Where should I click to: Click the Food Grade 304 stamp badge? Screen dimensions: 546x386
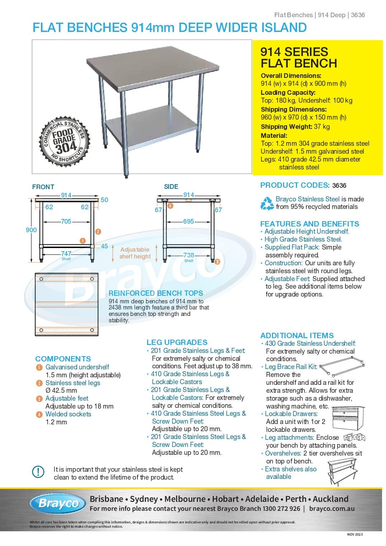tap(65, 140)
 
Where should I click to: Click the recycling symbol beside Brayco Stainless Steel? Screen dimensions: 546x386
tap(267, 203)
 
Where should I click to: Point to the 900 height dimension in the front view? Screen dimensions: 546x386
tap(31, 230)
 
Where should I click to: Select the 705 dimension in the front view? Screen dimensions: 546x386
tap(66, 221)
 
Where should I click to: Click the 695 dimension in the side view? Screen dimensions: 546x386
tap(188, 221)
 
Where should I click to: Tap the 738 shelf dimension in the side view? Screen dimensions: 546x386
tap(189, 255)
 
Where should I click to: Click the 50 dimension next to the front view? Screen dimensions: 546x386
tap(104, 200)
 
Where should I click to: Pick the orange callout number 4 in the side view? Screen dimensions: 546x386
tap(170, 206)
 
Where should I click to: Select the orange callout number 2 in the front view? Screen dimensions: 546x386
tap(98, 232)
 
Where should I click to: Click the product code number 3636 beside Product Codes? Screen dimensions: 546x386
tap(339, 186)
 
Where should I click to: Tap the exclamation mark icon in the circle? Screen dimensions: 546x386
tap(38, 472)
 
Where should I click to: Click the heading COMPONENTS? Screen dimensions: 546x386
tap(63, 359)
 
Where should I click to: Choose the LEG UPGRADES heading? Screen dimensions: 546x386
tap(177, 342)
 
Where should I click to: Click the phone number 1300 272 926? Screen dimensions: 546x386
tap(281, 509)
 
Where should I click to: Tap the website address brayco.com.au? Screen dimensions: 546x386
tap(332, 509)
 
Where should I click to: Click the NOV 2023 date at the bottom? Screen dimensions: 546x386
tap(355, 535)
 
